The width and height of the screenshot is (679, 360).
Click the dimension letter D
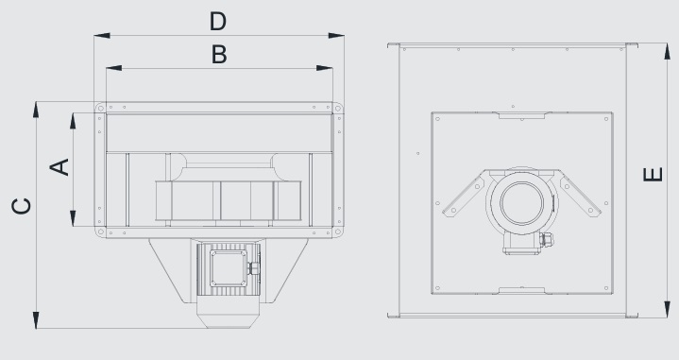pos(218,21)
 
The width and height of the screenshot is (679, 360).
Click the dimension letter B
pos(218,55)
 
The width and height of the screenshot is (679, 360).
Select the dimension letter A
pos(59,166)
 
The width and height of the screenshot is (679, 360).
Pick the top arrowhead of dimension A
pos(74,120)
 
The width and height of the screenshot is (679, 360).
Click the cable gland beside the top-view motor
pos(544,241)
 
